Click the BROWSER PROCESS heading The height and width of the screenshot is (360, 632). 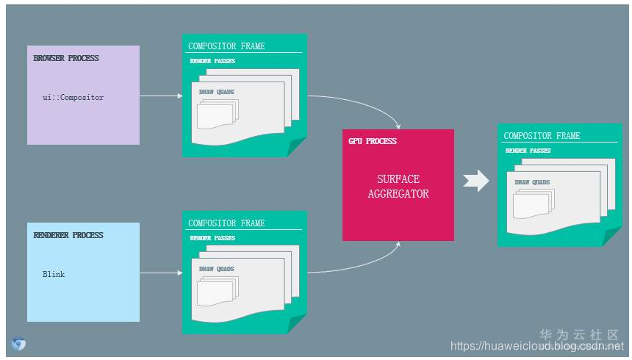66,58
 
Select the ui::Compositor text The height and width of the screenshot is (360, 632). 73,97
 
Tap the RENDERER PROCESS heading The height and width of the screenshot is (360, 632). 68,235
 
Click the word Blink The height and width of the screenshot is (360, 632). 54,274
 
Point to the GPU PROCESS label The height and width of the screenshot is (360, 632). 373,141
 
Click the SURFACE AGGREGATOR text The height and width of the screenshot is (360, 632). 398,187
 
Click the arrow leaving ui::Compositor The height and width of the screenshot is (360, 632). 160,96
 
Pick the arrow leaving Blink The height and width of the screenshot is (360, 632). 160,273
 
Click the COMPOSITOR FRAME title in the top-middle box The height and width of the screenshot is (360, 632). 226,46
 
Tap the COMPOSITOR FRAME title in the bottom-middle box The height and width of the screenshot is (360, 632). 226,223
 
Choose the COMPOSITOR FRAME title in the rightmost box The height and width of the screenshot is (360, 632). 542,136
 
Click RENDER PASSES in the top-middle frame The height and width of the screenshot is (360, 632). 212,61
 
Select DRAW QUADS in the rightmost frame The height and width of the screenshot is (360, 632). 532,182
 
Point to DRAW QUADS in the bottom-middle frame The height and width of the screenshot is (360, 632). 217,270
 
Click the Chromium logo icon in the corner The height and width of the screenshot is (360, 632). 18,343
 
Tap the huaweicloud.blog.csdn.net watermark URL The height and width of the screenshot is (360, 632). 536,346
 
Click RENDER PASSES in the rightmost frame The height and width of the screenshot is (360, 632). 528,151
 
